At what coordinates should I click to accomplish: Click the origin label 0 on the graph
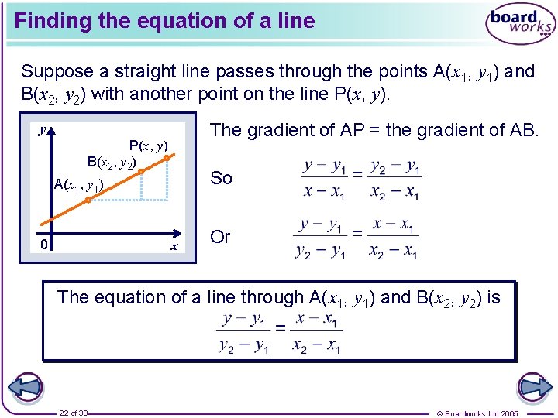click(45, 245)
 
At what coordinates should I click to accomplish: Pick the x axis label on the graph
click(174, 246)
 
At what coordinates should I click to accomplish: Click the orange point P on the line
click(167, 158)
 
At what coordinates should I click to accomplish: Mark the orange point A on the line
click(88, 199)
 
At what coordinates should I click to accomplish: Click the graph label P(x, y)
click(148, 145)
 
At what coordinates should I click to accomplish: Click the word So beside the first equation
click(221, 178)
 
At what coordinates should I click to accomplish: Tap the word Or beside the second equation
click(221, 237)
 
